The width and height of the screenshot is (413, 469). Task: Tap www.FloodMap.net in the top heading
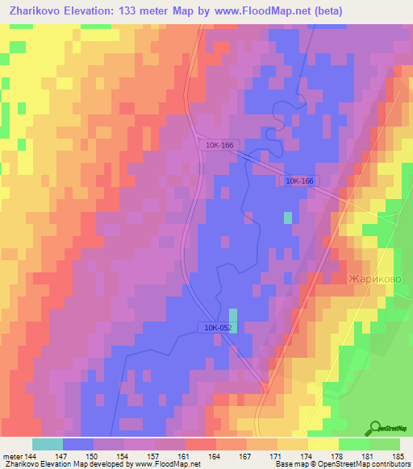coord(261,10)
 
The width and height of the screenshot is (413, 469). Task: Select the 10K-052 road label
coord(217,326)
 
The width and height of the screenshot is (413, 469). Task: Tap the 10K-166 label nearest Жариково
coord(299,181)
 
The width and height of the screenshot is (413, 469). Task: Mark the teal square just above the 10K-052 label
coord(234,314)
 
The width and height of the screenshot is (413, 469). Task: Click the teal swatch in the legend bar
coord(48,444)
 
